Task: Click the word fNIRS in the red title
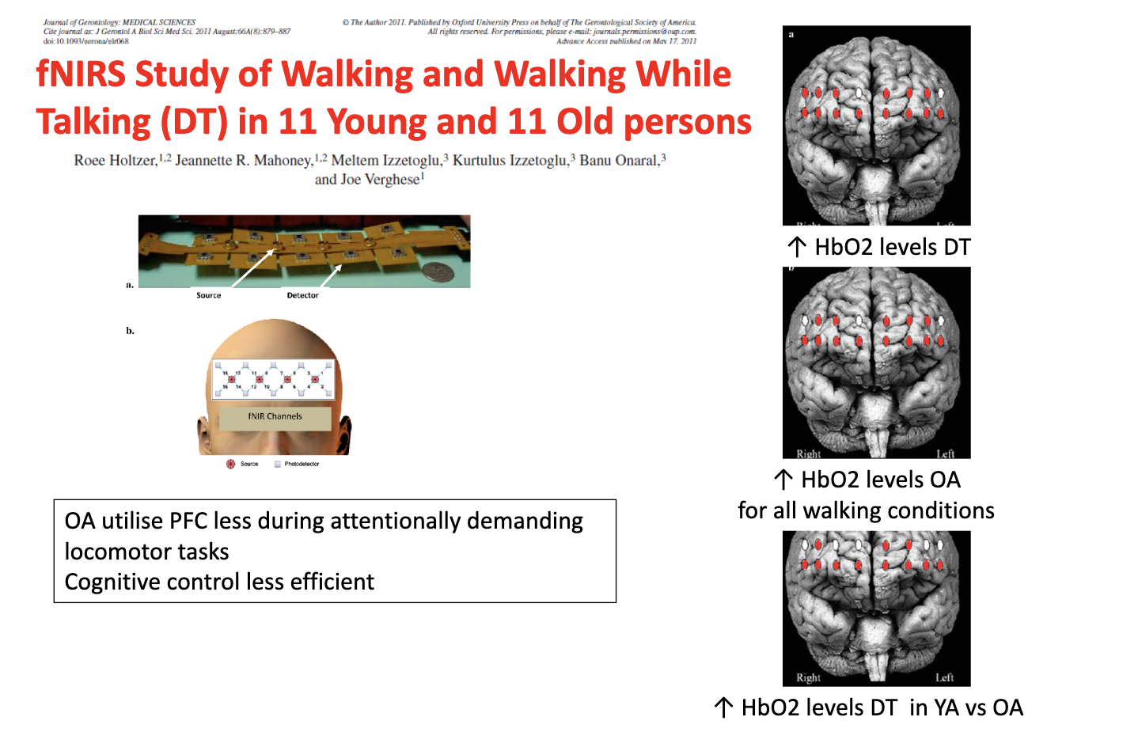click(x=81, y=74)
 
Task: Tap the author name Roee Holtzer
click(x=115, y=161)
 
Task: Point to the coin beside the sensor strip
click(x=438, y=273)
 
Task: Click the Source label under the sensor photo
click(x=209, y=295)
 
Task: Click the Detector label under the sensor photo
click(x=302, y=295)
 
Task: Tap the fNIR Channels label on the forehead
click(x=275, y=416)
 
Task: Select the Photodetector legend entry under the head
click(x=302, y=464)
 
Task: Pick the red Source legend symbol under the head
click(x=231, y=464)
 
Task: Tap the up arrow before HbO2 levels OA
click(x=783, y=480)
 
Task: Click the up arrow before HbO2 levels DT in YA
click(x=723, y=708)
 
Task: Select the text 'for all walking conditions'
click(x=866, y=510)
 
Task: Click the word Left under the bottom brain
click(x=944, y=677)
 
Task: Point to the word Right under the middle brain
click(x=808, y=454)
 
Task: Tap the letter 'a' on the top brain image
click(x=791, y=35)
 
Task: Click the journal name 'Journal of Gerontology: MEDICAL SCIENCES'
click(x=119, y=23)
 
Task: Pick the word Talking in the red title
click(x=93, y=123)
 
